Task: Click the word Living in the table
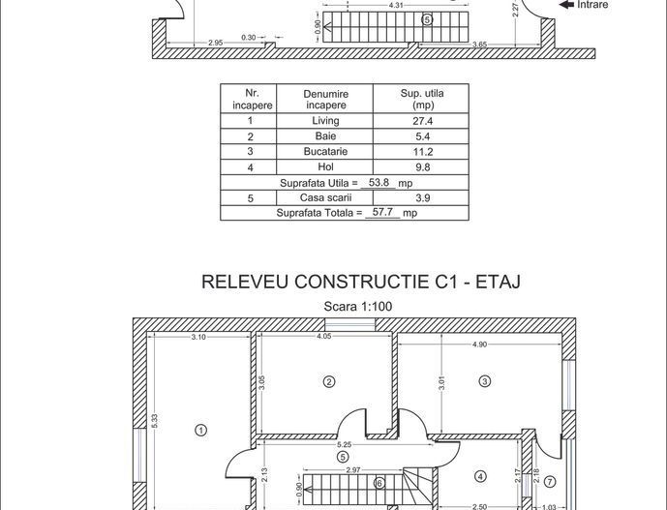pos(325,121)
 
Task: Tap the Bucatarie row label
pos(325,152)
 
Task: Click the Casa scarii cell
pos(325,197)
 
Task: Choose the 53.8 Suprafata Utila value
pos(379,182)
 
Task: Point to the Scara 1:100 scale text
pos(358,307)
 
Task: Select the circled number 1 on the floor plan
pos(200,430)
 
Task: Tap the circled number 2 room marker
pos(329,382)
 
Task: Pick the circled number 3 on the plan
pos(485,382)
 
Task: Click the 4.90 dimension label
pos(479,345)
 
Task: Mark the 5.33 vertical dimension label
pos(155,421)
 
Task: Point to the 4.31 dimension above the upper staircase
pos(396,6)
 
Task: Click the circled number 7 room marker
pos(549,481)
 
